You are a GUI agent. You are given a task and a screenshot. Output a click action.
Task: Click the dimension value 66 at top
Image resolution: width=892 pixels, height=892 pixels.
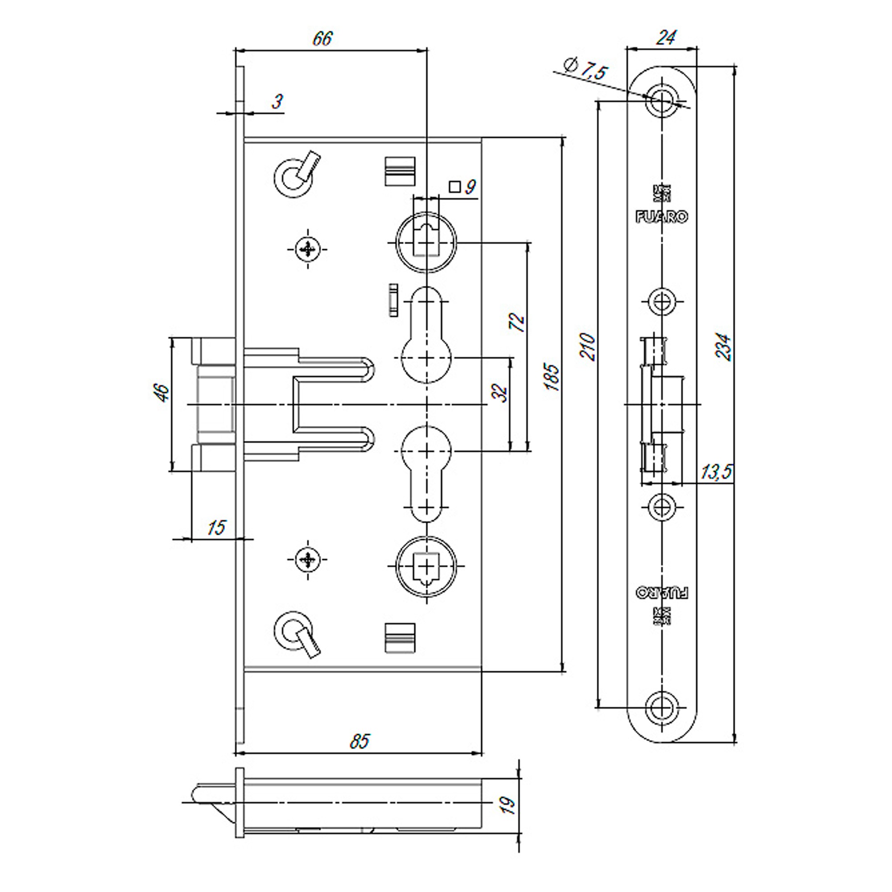pyautogui.click(x=322, y=39)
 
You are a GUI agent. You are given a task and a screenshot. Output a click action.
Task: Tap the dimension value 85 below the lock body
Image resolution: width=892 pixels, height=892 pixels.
pyautogui.click(x=359, y=742)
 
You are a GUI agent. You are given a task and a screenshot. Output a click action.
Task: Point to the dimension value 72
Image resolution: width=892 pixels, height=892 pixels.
pyautogui.click(x=517, y=322)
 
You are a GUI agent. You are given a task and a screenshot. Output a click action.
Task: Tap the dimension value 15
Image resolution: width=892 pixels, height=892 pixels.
pyautogui.click(x=216, y=527)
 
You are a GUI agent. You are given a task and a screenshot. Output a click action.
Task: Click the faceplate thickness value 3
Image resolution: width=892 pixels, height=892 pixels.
pyautogui.click(x=277, y=101)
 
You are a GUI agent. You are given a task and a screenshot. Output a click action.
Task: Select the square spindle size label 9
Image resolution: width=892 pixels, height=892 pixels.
pyautogui.click(x=470, y=187)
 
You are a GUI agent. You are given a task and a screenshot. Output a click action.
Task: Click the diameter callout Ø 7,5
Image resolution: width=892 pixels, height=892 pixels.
pyautogui.click(x=586, y=69)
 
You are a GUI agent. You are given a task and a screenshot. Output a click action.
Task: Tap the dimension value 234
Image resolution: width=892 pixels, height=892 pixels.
pyautogui.click(x=723, y=346)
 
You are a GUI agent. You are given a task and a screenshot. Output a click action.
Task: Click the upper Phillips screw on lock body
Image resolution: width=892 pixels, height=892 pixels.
pyautogui.click(x=307, y=250)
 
